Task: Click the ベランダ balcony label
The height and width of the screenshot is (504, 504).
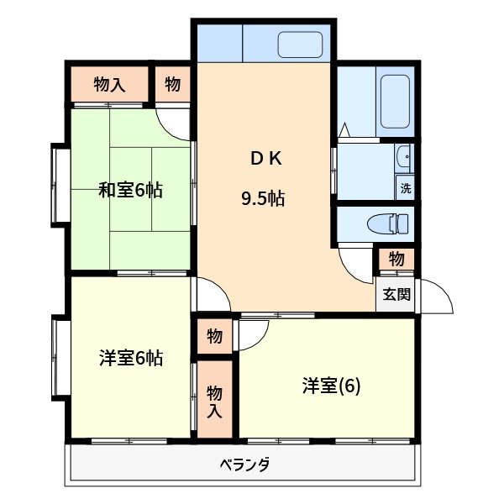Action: click(x=244, y=464)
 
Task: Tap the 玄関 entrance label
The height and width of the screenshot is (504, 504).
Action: click(x=396, y=295)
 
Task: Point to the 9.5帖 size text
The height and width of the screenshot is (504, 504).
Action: click(x=262, y=199)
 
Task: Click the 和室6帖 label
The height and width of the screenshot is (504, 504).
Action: click(x=130, y=190)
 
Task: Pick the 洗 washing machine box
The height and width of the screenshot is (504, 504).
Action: click(x=406, y=187)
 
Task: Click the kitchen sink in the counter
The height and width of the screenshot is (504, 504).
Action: click(x=301, y=45)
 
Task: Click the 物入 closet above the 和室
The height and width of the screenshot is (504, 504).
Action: click(x=109, y=84)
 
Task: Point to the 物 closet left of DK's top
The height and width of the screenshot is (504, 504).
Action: click(x=173, y=84)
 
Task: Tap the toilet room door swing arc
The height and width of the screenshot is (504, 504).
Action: click(x=355, y=265)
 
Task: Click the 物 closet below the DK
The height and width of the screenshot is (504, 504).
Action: click(x=214, y=336)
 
